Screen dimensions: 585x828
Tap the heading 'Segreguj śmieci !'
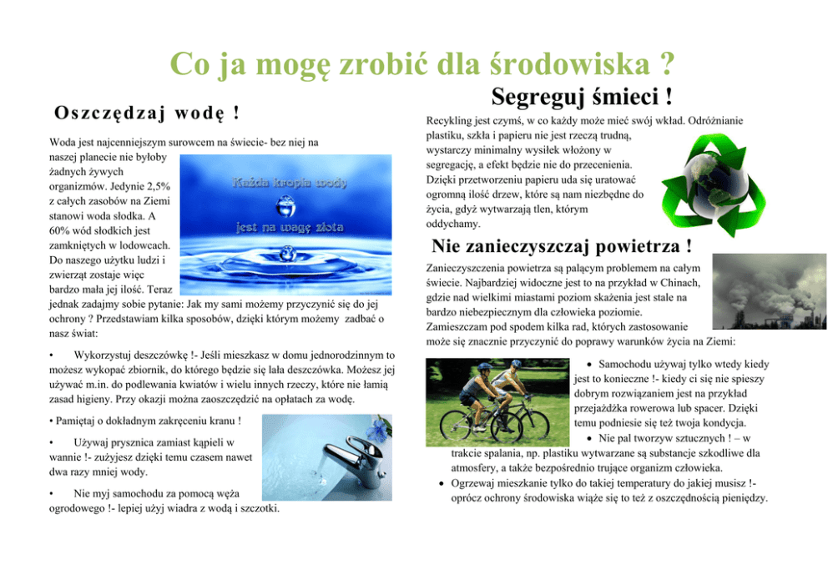[x=583, y=97]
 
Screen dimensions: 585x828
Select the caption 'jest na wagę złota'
[x=289, y=225]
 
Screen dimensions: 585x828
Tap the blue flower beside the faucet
[x=381, y=428]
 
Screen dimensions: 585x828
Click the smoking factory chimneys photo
[x=758, y=290]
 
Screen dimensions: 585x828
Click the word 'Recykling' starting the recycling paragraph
[x=449, y=121]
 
